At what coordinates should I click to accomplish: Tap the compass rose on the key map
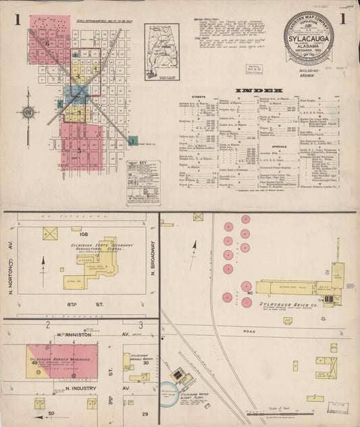(30, 111)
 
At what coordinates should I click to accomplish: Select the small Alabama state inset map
(162, 42)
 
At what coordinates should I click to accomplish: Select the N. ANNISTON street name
(72, 334)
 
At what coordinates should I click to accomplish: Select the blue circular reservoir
(168, 391)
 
